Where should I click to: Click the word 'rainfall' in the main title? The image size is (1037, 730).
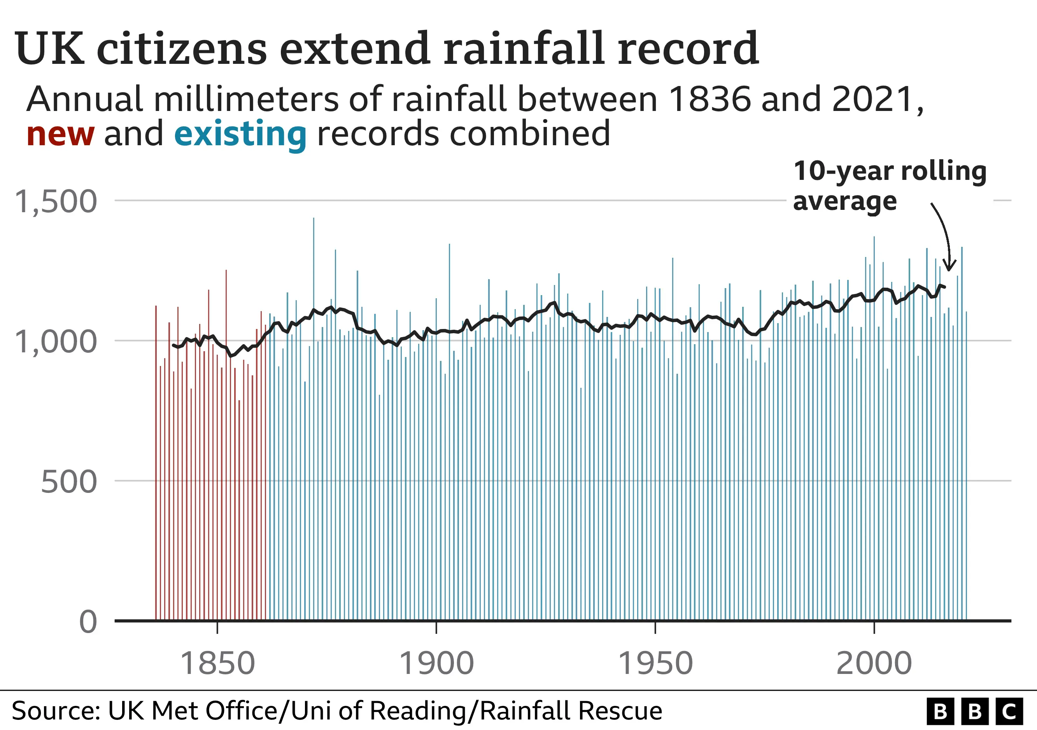pos(524,49)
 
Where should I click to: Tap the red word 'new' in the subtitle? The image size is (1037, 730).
pos(60,134)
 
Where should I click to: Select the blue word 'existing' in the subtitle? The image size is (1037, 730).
pos(240,134)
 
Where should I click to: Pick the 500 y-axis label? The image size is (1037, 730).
pos(68,482)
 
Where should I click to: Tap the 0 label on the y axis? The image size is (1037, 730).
pos(88,622)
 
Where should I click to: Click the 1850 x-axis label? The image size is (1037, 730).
pos(217,663)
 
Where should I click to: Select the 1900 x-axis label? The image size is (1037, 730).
pos(436,663)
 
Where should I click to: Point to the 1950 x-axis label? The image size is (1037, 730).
pos(655,663)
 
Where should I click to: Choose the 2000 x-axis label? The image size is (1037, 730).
pos(874,663)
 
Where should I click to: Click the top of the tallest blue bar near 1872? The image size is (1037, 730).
pos(314,219)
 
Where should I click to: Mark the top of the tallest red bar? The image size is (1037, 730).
pos(226,271)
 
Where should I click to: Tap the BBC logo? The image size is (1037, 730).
pos(974,711)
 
